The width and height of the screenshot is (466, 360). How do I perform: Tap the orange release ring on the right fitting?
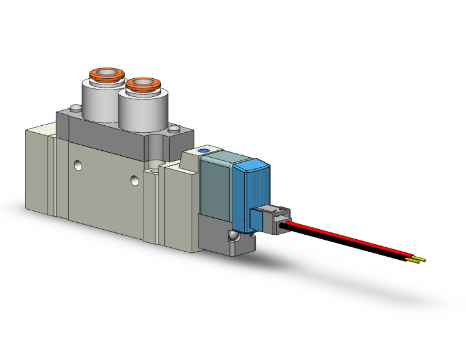141,84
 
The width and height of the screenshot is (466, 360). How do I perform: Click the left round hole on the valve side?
77,166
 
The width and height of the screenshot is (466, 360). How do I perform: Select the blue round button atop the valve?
203,152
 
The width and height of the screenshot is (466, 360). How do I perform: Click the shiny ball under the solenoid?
233,237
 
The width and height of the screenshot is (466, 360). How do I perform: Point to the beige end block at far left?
38,169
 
